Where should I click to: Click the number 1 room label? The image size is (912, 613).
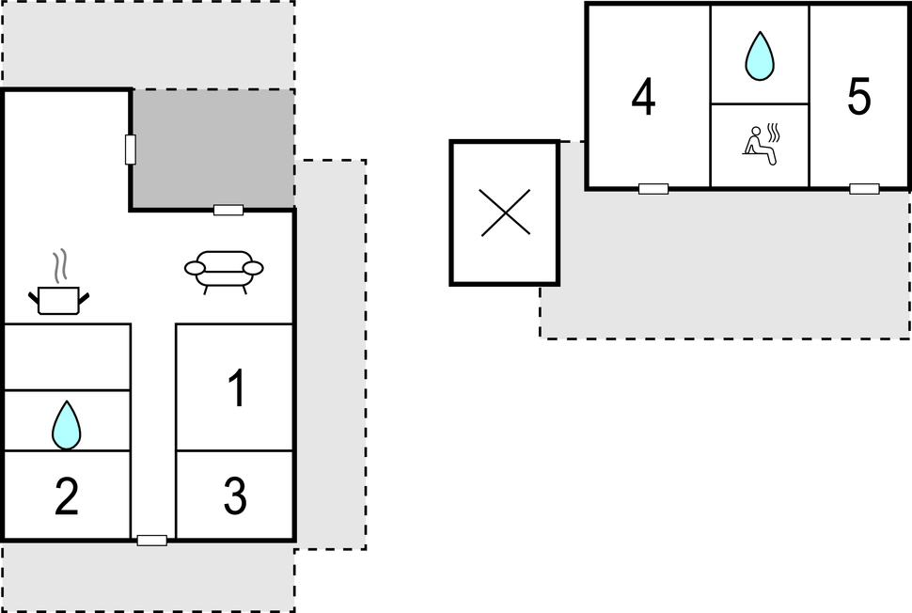pos(237,389)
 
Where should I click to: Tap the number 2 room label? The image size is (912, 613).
pos(66,496)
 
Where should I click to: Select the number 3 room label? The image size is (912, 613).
pos(235,496)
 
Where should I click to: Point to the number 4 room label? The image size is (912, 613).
pos(643,98)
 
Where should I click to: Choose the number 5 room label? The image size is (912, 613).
pos(858,98)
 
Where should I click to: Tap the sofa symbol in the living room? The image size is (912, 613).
pos(224,271)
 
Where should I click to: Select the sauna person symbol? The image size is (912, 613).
pos(760,146)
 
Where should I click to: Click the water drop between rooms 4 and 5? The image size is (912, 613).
pos(760,56)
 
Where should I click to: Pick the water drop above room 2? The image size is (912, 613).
pos(66,425)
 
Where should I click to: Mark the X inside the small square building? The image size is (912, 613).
pos(505,212)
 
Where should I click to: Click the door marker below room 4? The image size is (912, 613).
pos(653,189)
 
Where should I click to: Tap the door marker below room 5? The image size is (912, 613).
pos(864,189)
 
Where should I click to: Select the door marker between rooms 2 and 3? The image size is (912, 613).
pos(152,540)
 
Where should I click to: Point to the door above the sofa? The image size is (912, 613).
pos(228,210)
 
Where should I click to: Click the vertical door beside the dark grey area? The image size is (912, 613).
pos(131,149)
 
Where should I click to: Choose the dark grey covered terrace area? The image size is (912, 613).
pos(212,148)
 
